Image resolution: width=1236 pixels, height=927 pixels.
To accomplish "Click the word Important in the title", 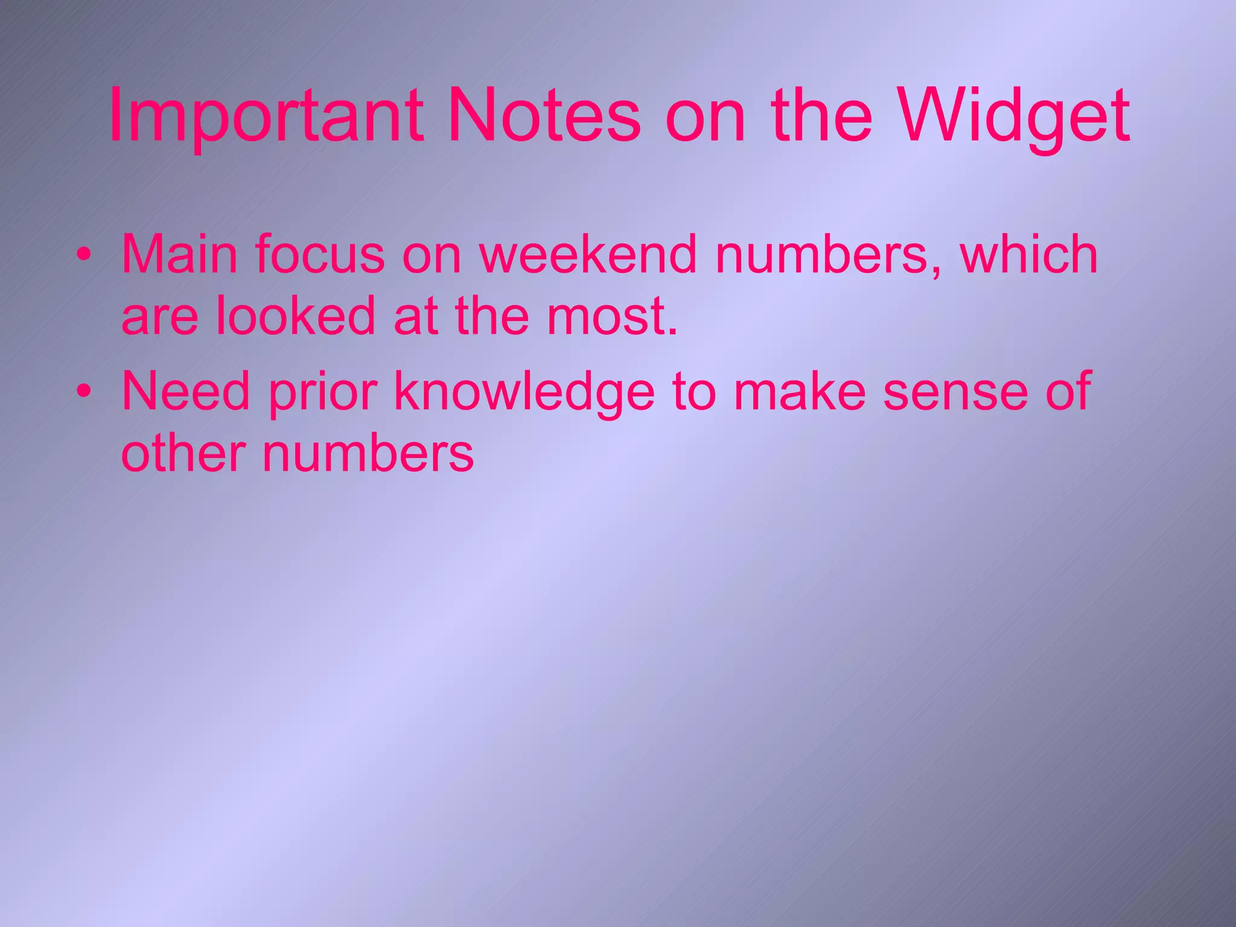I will (266, 116).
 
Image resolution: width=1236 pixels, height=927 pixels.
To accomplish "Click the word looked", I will (296, 316).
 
